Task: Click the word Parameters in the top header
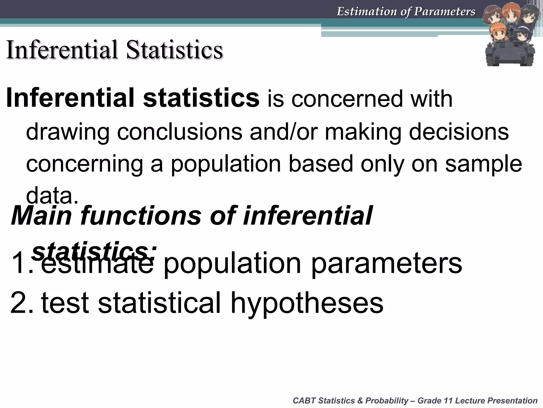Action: click(445, 11)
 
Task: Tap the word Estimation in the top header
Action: click(367, 11)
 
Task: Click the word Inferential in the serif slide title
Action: click(62, 50)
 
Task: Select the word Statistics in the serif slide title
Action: click(174, 50)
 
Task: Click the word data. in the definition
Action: click(52, 196)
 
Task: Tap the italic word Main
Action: click(41, 216)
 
